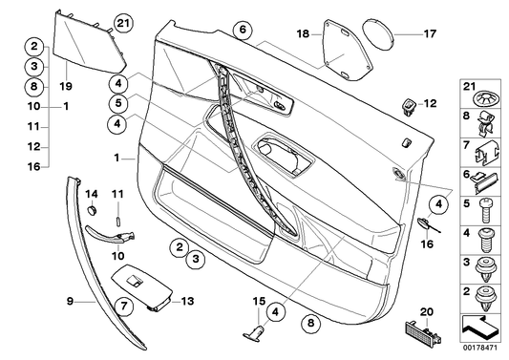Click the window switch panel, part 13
[x=138, y=286]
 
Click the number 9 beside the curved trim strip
[x=70, y=301]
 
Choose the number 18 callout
[x=303, y=33]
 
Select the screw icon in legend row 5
[x=486, y=203]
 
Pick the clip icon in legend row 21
[x=486, y=95]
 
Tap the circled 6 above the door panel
[x=243, y=31]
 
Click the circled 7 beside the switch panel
[x=124, y=306]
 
